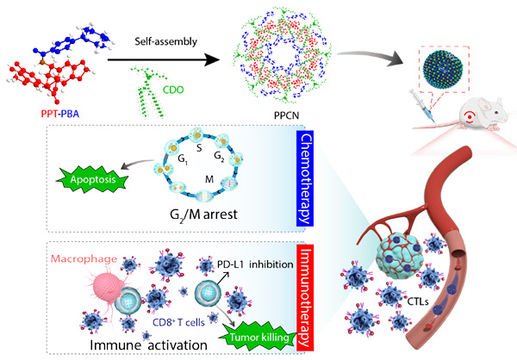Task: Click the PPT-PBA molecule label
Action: coord(53,114)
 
